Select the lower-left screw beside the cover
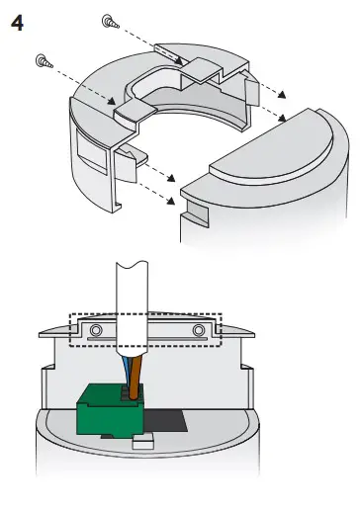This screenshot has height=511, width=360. point(42,60)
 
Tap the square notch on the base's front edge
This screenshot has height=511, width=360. point(193,210)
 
